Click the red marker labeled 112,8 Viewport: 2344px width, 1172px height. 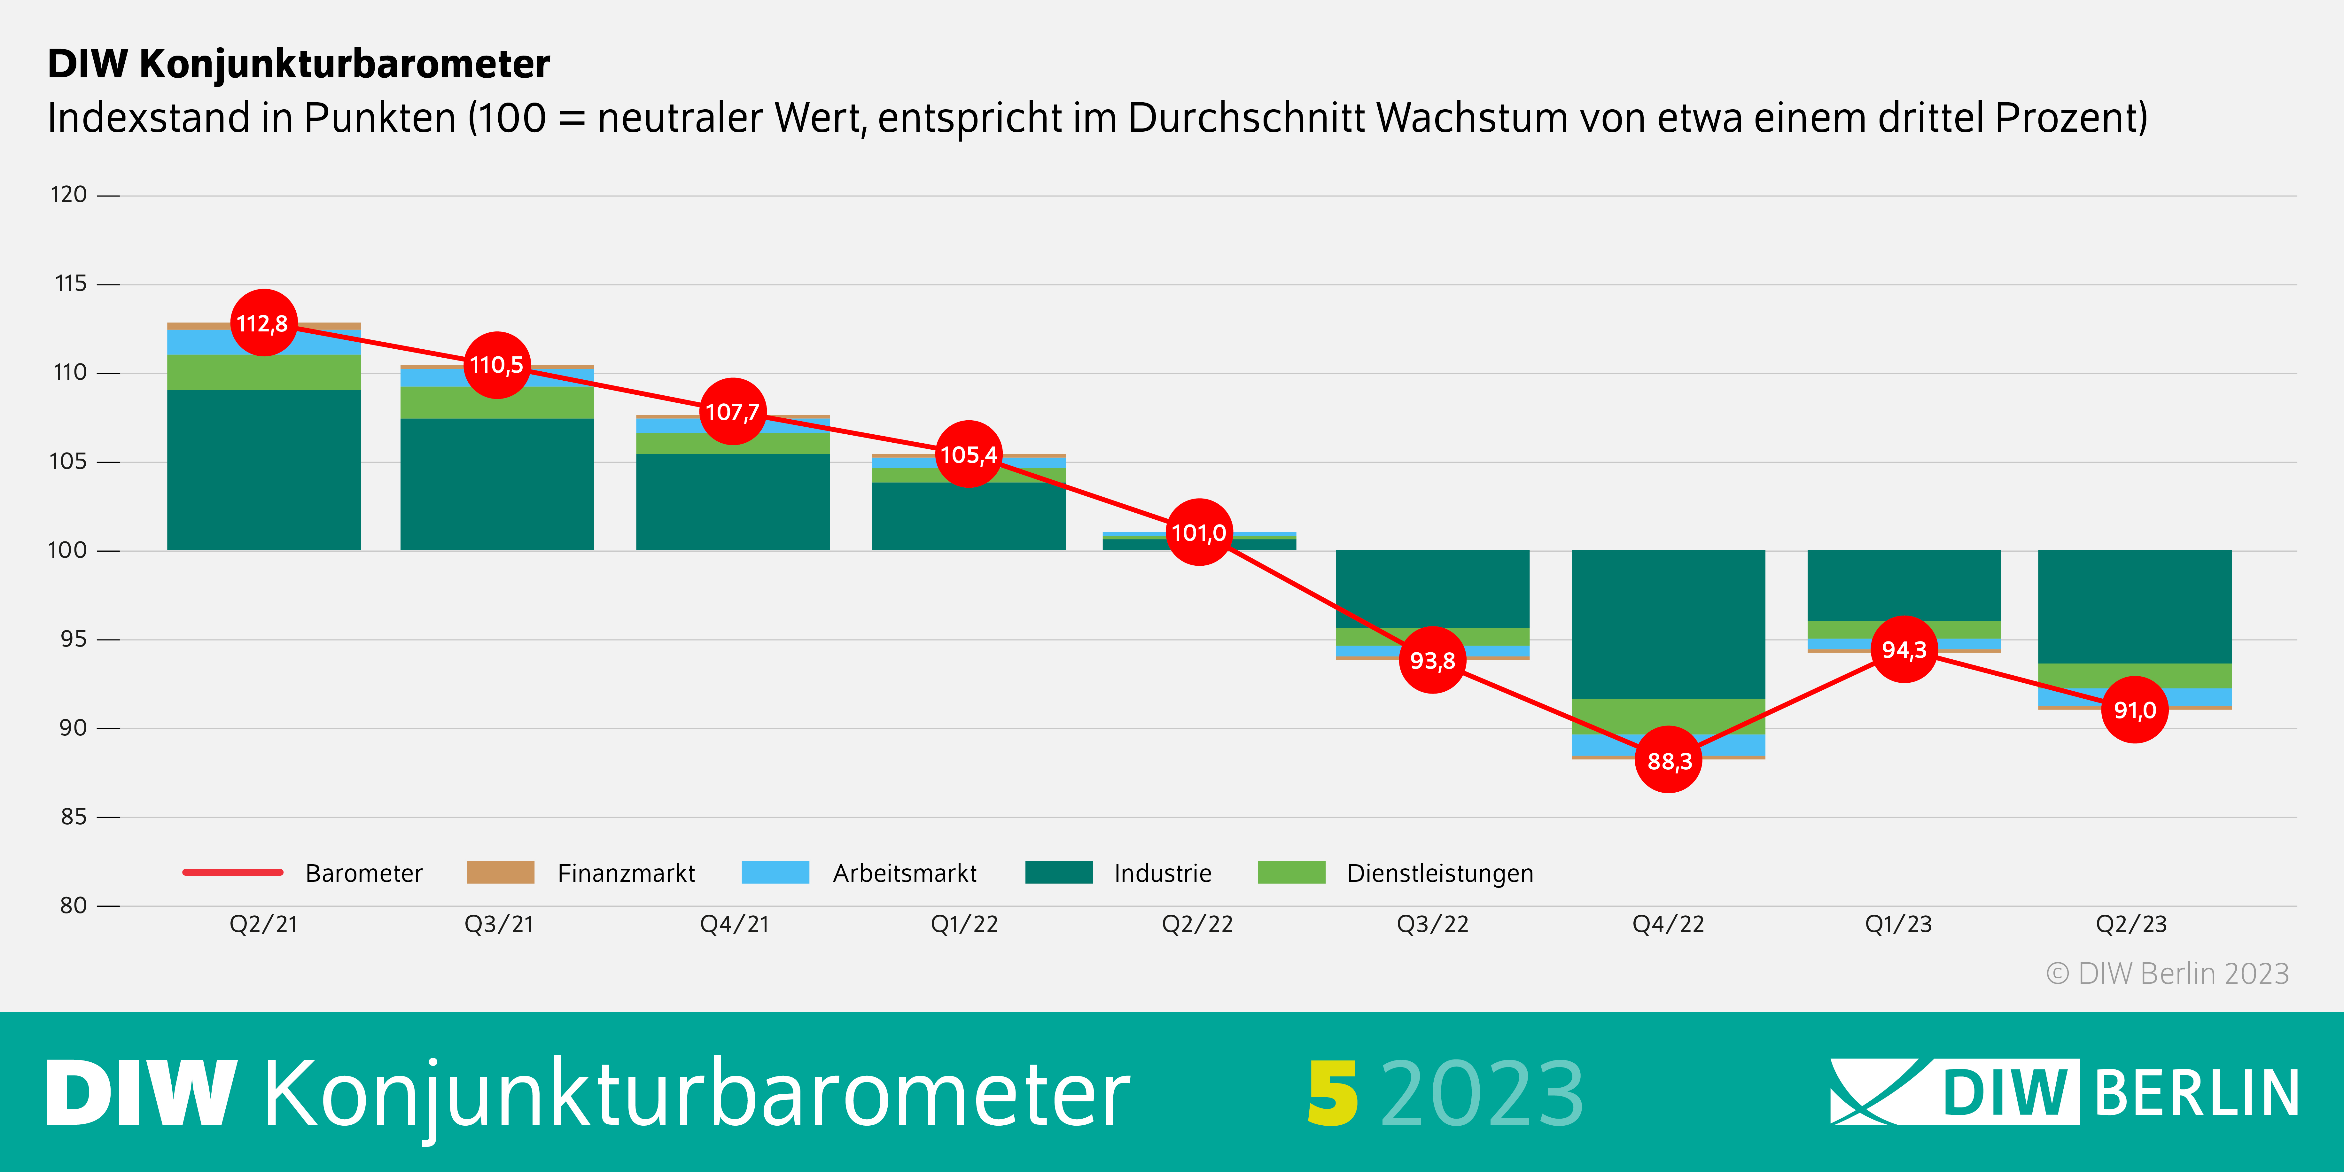263,323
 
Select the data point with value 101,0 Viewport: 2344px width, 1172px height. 1198,532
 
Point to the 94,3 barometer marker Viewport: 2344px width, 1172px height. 1904,650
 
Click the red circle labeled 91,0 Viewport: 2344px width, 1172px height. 2134,710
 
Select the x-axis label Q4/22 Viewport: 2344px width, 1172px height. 1667,925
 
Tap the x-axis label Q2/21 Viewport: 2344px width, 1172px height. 263,925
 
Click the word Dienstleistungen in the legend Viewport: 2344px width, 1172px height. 1439,873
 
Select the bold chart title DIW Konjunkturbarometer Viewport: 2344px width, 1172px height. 299,64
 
